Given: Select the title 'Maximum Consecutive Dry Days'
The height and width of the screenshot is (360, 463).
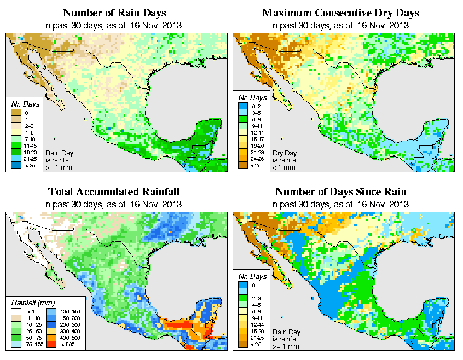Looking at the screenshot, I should [341, 12].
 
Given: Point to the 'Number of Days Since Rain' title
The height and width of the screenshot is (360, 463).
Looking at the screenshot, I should [341, 191].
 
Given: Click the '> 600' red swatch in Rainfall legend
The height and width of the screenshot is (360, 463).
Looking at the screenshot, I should [51, 346].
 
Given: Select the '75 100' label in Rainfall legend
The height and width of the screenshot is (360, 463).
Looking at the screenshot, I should [28, 346].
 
